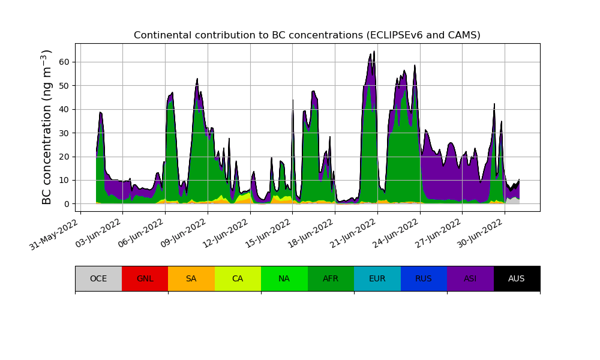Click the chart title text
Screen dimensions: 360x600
tap(307, 35)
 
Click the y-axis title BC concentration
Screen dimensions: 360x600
tap(47, 127)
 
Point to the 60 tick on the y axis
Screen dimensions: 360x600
tap(64, 62)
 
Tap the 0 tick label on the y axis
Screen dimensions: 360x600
tap(67, 204)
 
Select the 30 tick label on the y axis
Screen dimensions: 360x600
tap(64, 133)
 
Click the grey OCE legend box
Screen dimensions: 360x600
tap(98, 278)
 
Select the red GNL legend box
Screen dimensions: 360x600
tap(145, 278)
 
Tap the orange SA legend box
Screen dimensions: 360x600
tap(191, 278)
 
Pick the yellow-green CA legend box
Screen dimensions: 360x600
tap(238, 278)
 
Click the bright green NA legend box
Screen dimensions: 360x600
tap(284, 278)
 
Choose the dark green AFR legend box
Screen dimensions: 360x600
tap(331, 278)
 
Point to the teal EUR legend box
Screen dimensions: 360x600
tap(377, 278)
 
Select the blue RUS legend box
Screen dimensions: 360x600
tap(424, 278)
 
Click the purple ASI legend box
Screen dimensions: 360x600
tap(470, 278)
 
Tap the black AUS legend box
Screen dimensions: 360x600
tap(517, 278)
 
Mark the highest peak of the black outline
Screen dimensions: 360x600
tap(374, 52)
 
